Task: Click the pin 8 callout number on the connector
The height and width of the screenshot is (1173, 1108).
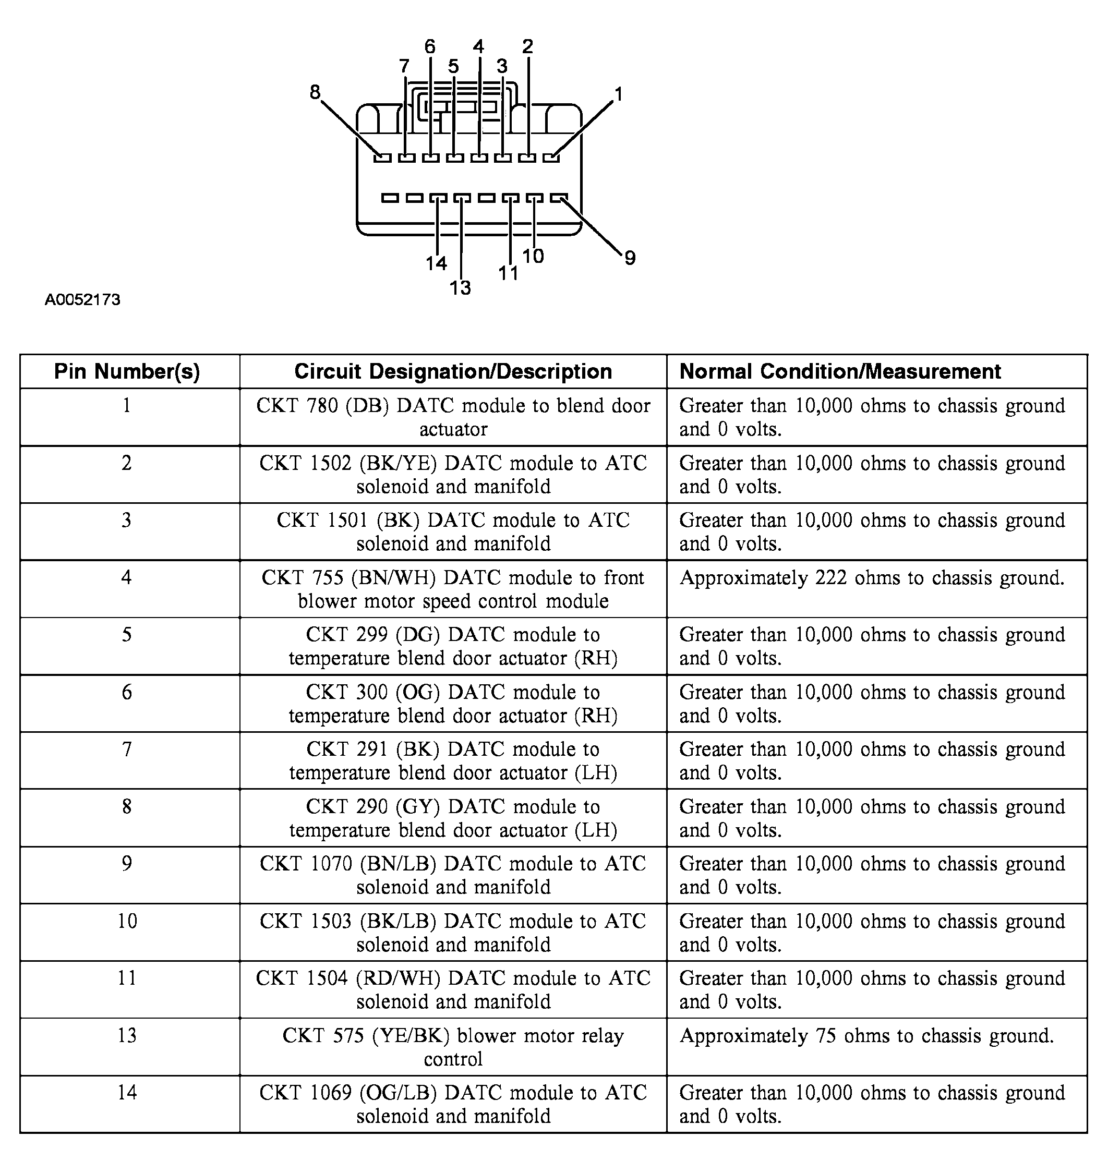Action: [315, 92]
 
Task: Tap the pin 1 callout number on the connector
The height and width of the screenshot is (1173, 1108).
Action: [618, 94]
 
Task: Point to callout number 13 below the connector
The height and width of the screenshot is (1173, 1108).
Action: [460, 288]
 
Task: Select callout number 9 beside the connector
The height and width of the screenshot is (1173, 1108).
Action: [630, 258]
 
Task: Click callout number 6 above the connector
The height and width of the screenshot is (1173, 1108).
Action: [429, 46]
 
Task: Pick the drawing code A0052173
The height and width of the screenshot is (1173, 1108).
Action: [83, 300]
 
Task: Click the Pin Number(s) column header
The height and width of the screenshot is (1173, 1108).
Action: [127, 371]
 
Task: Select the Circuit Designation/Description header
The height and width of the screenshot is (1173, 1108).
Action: [453, 371]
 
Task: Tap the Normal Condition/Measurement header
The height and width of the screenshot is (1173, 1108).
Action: [840, 371]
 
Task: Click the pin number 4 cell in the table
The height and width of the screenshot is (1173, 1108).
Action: [126, 577]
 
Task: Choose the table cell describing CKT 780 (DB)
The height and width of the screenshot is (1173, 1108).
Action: [453, 417]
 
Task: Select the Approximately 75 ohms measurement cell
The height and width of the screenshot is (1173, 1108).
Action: [866, 1035]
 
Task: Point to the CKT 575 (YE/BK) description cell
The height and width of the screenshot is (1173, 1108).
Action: [453, 1047]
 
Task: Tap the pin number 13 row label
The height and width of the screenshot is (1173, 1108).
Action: [127, 1035]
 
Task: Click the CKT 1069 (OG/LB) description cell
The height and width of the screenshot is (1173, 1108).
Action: [453, 1104]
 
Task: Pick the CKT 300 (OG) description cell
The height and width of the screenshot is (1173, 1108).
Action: [453, 704]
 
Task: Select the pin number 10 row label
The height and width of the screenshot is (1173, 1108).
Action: [127, 921]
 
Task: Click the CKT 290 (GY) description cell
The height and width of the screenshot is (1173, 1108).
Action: [453, 818]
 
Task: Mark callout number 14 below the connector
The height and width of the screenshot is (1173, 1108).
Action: [437, 263]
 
